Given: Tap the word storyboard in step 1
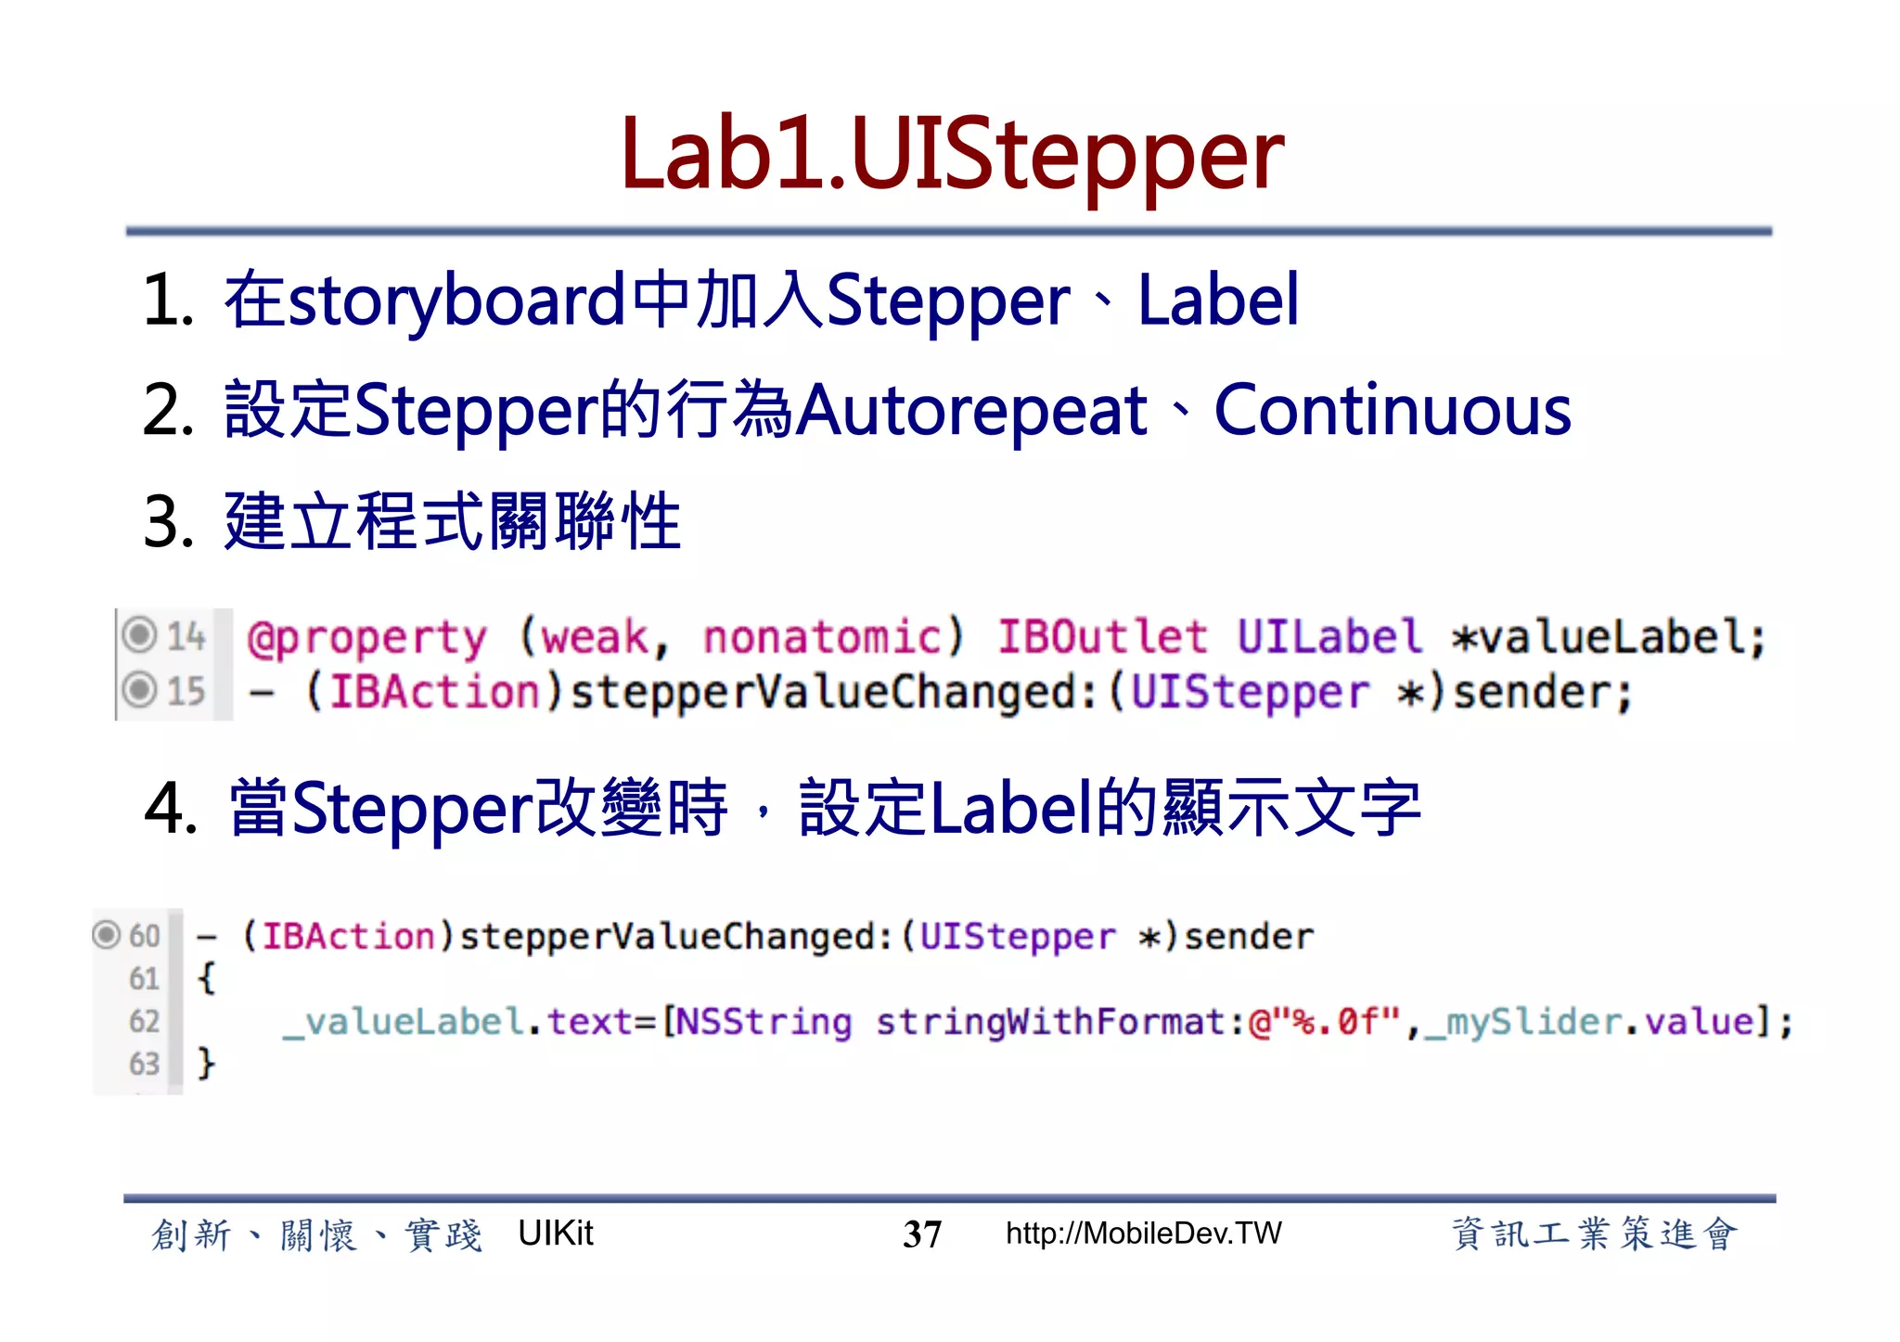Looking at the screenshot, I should click(456, 301).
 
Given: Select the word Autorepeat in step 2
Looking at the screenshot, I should click(971, 411).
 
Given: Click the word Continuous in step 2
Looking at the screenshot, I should click(1393, 411).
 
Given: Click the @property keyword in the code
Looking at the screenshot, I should click(366, 638).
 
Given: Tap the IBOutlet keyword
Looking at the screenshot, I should click(1102, 637).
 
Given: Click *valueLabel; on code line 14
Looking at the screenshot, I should click(1608, 637).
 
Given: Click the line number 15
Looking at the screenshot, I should click(186, 691).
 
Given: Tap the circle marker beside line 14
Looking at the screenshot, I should click(139, 635).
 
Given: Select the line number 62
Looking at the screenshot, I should click(144, 1021).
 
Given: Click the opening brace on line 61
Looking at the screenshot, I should click(206, 978).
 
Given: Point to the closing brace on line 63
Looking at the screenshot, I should click(206, 1063).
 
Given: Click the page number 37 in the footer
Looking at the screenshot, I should click(921, 1234).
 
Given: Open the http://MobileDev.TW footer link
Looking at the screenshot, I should click(1143, 1233).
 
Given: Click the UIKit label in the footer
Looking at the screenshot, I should click(555, 1233).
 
